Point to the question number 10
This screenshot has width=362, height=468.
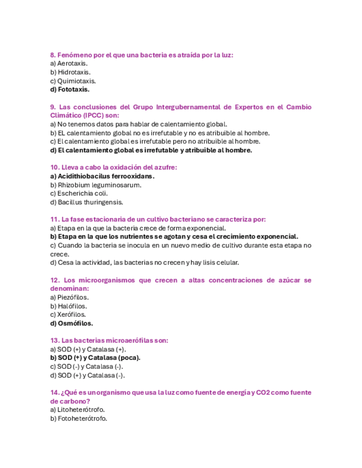point(54,167)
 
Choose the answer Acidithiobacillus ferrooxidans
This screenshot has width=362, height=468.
point(102,176)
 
